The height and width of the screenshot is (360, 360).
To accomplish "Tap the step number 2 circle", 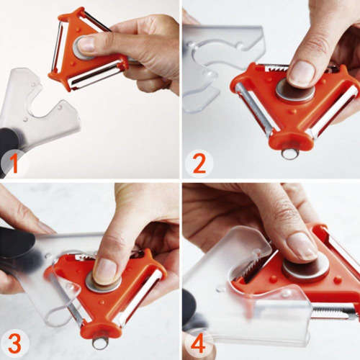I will coord(199,163).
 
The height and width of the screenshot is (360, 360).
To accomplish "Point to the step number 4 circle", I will coord(198,344).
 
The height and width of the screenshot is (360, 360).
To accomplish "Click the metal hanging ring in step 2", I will coord(289,153).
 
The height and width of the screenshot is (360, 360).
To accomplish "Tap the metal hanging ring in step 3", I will coord(100,342).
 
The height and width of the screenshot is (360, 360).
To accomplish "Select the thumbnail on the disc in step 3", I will coord(106,271).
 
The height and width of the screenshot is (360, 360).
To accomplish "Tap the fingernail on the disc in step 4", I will coord(302,246).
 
